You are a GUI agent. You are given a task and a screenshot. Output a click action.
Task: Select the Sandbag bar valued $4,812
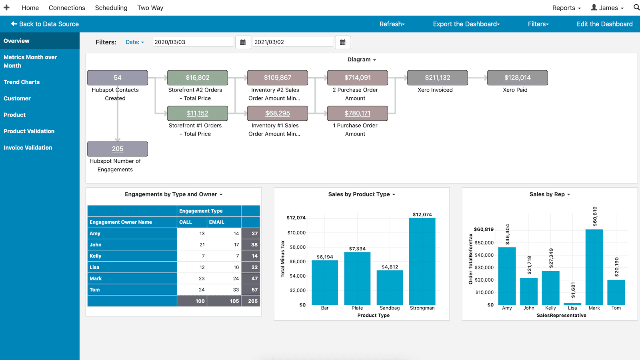pos(390,288)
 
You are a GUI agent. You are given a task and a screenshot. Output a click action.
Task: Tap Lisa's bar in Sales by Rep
pos(572,304)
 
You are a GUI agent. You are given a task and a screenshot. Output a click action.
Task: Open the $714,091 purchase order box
pos(358,78)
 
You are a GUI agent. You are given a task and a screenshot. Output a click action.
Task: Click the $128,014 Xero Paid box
pos(517,78)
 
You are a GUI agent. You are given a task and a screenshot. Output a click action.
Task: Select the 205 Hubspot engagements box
pos(118,149)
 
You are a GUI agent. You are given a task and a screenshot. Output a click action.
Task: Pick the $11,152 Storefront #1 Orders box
pos(198,113)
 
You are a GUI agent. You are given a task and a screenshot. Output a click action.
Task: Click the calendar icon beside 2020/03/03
pos(243,42)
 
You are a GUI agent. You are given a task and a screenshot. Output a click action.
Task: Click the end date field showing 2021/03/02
pos(293,42)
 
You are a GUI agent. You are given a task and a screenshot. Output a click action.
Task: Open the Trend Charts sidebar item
pos(22,82)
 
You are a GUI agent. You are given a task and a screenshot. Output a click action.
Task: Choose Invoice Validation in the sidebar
pos(28,148)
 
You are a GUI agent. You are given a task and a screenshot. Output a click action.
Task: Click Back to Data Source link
pos(45,24)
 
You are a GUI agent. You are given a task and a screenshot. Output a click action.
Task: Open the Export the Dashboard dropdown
pos(466,24)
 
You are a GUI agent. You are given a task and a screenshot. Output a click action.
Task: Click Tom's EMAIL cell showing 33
pos(224,290)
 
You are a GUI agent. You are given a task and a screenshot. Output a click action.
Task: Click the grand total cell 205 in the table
pos(251,301)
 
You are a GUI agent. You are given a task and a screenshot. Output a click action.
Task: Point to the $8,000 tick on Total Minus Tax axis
pos(297,247)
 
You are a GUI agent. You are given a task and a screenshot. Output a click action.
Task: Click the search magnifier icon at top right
pos(636,7)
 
